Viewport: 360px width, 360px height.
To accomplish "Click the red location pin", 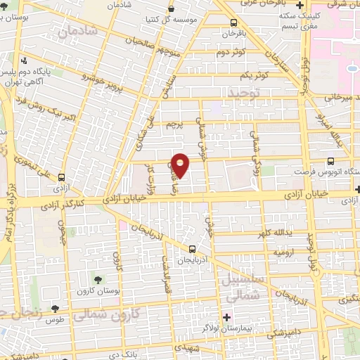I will point(181,164).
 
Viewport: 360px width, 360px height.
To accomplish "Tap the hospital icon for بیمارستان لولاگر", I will point(226,318).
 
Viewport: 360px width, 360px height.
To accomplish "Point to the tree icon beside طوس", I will point(55,309).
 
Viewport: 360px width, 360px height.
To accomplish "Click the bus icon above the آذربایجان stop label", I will point(193,248).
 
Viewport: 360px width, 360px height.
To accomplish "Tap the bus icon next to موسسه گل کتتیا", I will point(172,9).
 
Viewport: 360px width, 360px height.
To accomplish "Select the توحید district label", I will point(243,92).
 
